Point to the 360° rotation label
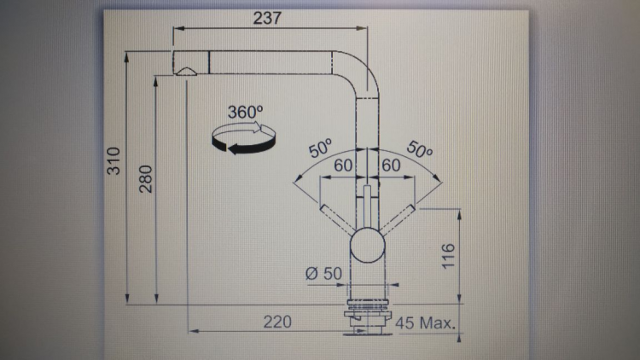[245, 112]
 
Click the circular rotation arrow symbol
[243, 139]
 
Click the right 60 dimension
[392, 165]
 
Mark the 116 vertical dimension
[450, 254]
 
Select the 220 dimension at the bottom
[276, 322]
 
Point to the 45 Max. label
[426, 322]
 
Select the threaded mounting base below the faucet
[369, 316]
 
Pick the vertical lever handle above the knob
[368, 205]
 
